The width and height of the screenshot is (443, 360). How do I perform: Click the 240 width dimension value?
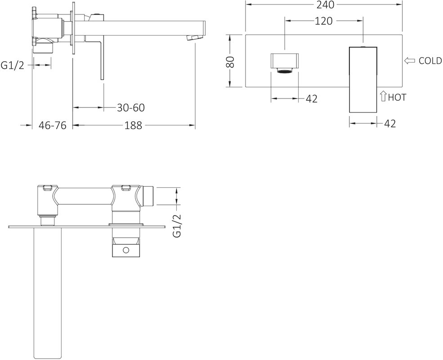324,4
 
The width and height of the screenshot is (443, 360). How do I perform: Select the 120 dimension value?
323,21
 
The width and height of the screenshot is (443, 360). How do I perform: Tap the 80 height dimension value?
231,62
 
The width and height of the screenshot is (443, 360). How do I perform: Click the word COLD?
430,61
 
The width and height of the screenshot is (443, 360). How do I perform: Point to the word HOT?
397,97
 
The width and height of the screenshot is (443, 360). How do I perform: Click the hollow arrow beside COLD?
409,61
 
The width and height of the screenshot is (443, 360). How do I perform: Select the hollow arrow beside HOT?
383,96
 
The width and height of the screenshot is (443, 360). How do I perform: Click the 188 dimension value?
134,125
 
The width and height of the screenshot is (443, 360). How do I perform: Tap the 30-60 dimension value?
131,108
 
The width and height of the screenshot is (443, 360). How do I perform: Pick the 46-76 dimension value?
52,125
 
